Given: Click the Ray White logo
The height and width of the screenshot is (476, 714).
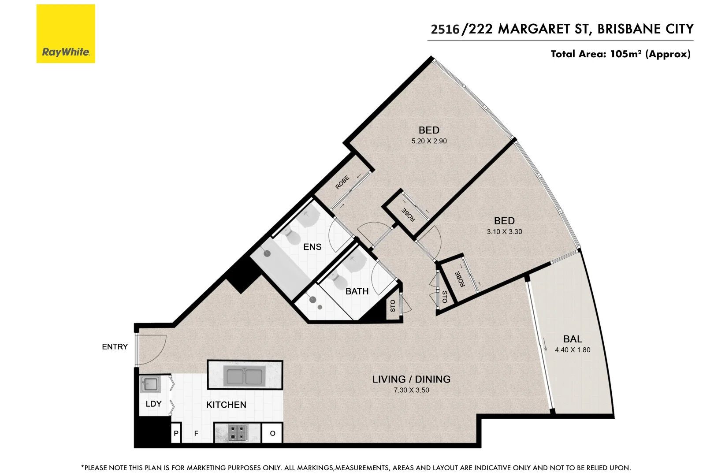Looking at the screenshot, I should click(x=66, y=34).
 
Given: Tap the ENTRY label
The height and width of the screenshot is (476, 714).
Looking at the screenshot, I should click(x=115, y=347).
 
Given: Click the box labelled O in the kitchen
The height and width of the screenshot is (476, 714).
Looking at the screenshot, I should click(x=272, y=433).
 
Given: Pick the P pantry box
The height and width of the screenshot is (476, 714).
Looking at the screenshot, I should click(x=176, y=433).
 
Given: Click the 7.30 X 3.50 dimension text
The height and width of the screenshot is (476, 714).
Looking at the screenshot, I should click(x=411, y=390).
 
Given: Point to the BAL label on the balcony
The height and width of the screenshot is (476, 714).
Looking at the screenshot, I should click(x=573, y=339).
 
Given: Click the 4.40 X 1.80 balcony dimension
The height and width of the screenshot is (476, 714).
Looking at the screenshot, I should click(x=573, y=350).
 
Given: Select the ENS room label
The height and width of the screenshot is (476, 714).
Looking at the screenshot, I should click(x=312, y=247).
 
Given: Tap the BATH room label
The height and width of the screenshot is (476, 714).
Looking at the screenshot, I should click(x=357, y=291).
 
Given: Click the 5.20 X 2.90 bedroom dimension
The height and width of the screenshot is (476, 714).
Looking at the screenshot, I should click(x=429, y=141).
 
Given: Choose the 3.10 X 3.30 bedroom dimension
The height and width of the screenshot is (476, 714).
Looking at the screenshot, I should click(x=504, y=232).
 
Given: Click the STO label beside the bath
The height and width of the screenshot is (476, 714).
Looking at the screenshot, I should click(x=393, y=305).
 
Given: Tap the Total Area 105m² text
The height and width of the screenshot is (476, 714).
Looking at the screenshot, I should click(x=620, y=54).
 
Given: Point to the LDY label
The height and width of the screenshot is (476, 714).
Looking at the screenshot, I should click(x=153, y=404).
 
